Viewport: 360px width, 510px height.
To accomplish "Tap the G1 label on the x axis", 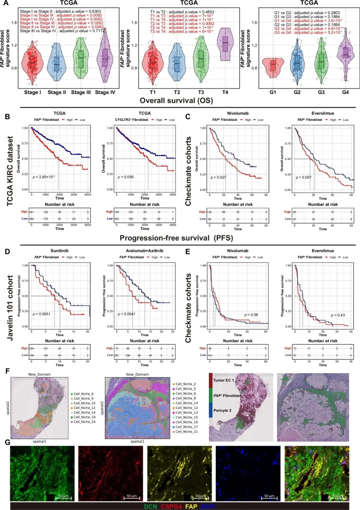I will [x=273, y=92].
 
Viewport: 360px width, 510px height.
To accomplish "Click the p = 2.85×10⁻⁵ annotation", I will [x=44, y=177].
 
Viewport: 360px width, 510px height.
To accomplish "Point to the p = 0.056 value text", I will [x=126, y=177].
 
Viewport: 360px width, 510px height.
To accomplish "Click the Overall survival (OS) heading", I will [x=176, y=101].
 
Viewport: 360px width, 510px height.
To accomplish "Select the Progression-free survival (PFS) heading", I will [x=176, y=238].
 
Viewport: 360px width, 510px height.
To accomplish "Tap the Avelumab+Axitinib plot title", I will [x=144, y=251].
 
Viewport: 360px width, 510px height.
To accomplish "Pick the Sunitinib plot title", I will [x=59, y=251].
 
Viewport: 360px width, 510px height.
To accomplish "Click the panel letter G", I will [x=7, y=442].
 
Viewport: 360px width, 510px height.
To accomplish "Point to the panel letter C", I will [x=188, y=117].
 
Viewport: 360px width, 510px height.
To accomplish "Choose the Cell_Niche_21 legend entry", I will [x=186, y=432].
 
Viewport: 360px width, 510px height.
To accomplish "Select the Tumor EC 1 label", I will [x=223, y=380].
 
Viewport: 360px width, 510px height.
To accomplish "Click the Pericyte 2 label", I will [x=222, y=410].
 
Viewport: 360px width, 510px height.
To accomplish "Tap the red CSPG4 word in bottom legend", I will [x=171, y=506].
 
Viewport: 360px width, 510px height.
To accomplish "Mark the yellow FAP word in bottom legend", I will [x=191, y=506].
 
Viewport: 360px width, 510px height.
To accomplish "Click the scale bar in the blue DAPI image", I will [x=269, y=499].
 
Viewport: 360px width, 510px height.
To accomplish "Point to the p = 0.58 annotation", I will [x=251, y=315].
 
